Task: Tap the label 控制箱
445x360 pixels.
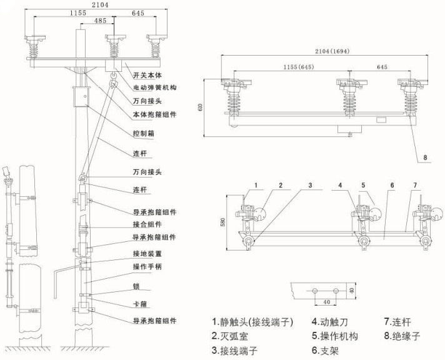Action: (144, 133)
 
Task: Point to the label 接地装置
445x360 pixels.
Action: (147, 254)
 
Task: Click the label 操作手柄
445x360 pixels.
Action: (147, 267)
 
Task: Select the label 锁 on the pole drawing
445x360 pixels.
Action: (136, 286)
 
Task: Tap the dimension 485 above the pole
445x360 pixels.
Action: (99, 21)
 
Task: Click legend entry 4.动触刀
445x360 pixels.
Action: (331, 322)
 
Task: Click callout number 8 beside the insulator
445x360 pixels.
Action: (424, 158)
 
